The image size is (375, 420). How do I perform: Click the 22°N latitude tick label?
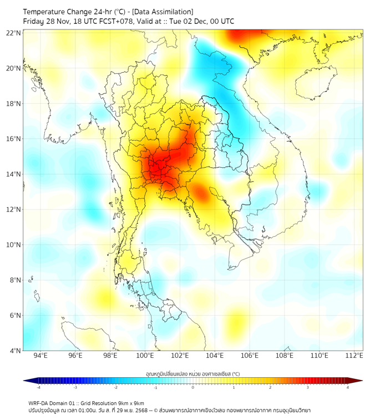[14, 33]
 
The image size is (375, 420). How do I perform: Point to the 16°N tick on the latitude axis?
[14, 139]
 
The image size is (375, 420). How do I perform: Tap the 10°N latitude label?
[14, 245]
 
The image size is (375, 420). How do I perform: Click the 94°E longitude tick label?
[40, 356]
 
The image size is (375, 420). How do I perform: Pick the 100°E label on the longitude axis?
[145, 356]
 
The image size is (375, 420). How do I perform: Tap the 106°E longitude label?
[250, 356]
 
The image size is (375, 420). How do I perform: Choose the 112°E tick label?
[354, 356]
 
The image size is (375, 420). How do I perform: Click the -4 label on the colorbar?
[38, 388]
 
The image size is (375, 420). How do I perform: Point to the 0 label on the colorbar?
[193, 388]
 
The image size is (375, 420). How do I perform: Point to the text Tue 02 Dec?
[190, 22]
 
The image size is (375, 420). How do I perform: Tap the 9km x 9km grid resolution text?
[127, 403]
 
